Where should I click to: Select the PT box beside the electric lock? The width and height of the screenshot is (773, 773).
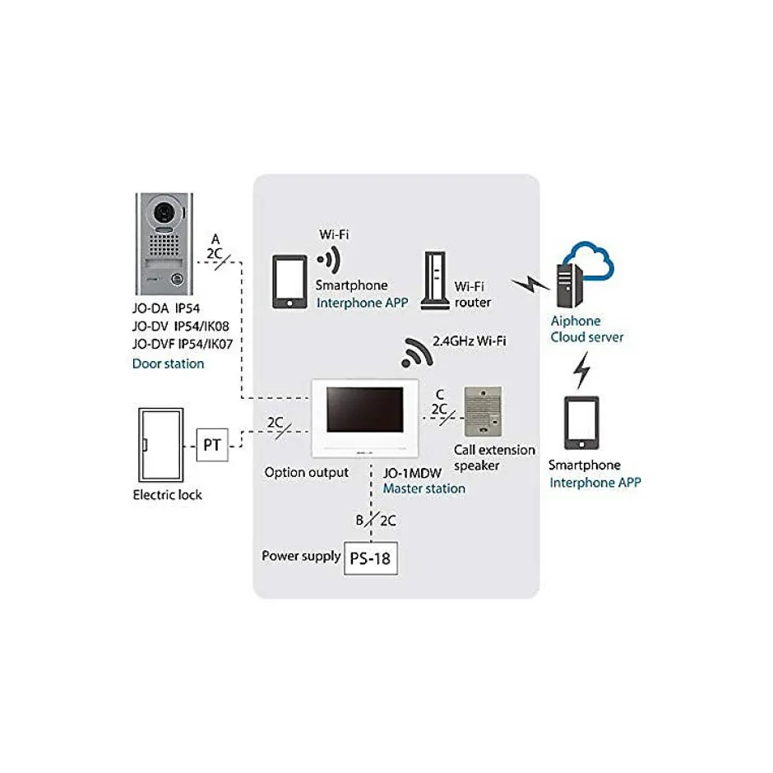212,446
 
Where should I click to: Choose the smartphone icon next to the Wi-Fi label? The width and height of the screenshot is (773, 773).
289,281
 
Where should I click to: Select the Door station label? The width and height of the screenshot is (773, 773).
168,363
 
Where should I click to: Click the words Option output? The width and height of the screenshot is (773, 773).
306,473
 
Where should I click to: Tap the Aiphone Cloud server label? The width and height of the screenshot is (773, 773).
587,329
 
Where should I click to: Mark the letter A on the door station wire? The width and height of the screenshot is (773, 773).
215,238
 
